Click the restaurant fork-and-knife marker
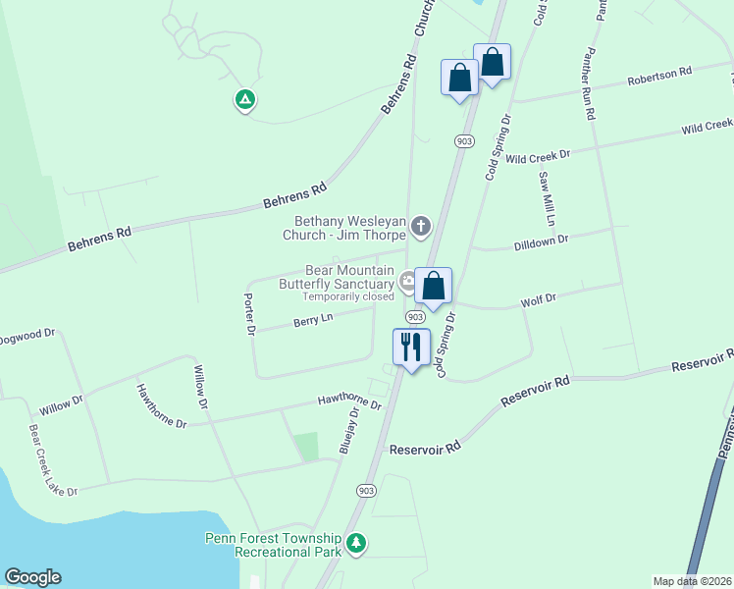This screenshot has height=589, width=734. (x=411, y=348)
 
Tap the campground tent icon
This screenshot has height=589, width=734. (x=244, y=99)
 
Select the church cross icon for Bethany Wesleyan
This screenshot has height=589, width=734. (x=421, y=228)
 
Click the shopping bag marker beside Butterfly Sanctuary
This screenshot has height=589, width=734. (x=433, y=287)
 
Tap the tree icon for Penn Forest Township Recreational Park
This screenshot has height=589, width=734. (x=357, y=543)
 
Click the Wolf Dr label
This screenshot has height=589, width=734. (x=538, y=298)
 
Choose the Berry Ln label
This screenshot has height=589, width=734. (x=313, y=320)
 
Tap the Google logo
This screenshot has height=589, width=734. (x=32, y=577)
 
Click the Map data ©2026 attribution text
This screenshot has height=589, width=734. (x=692, y=581)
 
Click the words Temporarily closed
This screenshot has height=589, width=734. (x=347, y=296)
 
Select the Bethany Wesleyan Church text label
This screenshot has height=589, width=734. (x=350, y=229)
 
